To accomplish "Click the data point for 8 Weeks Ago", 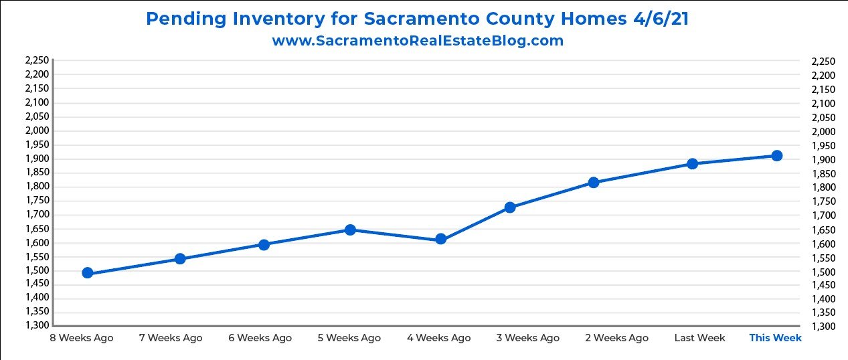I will (87, 273).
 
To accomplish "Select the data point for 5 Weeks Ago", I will (350, 230).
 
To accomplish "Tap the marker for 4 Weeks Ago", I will (440, 239).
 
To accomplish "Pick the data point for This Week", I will (776, 156).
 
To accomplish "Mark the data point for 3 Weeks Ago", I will (510, 207).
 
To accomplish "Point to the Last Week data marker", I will (693, 164).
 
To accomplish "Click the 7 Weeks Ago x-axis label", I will (171, 338).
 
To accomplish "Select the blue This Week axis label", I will (775, 338).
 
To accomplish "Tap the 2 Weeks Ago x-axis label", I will (616, 338).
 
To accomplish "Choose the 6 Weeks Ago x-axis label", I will (260, 338).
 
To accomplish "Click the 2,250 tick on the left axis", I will (37, 60).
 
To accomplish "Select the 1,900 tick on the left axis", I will (37, 159).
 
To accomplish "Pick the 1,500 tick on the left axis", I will (37, 270).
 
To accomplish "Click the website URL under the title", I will (418, 41).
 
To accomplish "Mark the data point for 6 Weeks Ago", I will (264, 245).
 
